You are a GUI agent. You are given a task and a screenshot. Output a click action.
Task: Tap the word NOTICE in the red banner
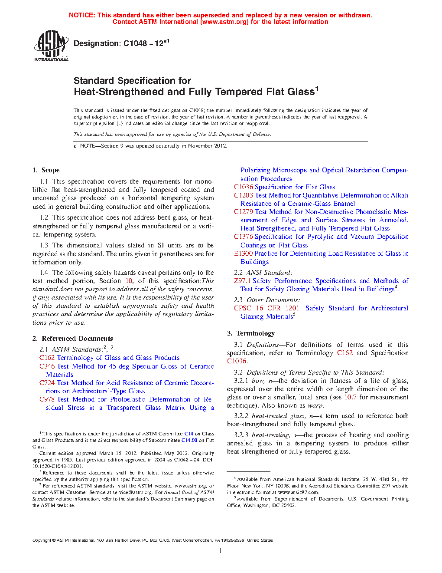coord(82,15)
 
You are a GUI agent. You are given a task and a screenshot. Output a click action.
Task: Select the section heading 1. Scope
coord(46,170)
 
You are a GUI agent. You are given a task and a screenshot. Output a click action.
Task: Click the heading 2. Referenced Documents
coord(73,339)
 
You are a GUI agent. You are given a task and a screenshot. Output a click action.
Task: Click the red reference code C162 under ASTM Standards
coord(47,358)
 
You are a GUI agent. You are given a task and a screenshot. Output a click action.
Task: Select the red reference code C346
coord(47,366)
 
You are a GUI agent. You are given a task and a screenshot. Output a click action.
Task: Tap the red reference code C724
coord(47,383)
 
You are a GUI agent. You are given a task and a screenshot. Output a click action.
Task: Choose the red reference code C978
coord(47,399)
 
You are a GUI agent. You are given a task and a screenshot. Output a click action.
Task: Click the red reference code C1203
coord(244,195)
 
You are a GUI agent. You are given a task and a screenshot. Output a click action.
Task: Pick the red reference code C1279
coord(244,212)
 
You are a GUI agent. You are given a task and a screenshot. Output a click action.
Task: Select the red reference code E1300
coord(243,254)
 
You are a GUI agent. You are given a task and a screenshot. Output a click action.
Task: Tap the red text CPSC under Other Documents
coord(243,308)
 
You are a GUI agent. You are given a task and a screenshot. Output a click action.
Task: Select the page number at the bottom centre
coord(221,551)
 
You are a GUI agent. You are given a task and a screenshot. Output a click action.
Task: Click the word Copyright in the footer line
coord(42,540)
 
